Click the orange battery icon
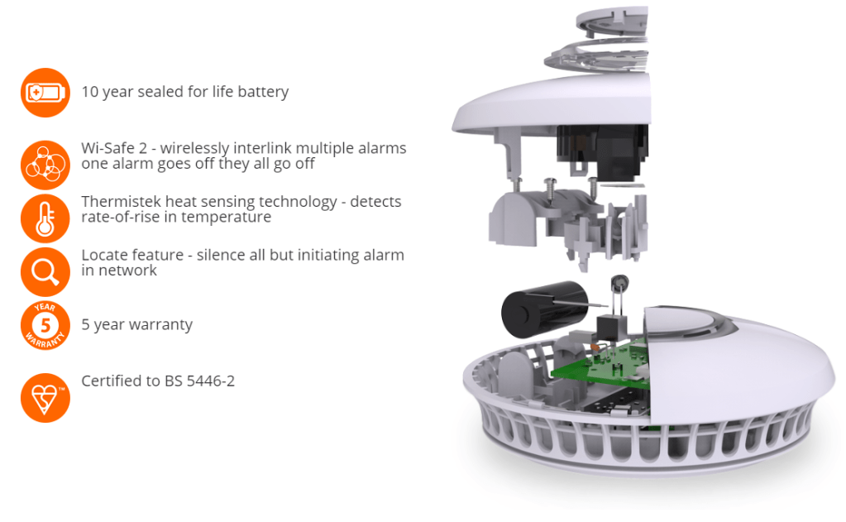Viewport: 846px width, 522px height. coord(45,93)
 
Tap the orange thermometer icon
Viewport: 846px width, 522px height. coord(45,218)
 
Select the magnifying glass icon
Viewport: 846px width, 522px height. coord(45,272)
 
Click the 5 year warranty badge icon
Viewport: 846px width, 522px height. coord(45,325)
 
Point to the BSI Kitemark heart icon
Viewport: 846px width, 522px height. coord(45,398)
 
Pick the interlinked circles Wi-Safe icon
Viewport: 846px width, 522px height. coord(45,165)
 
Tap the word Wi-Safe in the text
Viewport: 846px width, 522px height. coord(108,148)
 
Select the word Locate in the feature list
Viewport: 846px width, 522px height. coord(106,255)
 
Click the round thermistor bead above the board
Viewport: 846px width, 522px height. coord(620,282)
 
